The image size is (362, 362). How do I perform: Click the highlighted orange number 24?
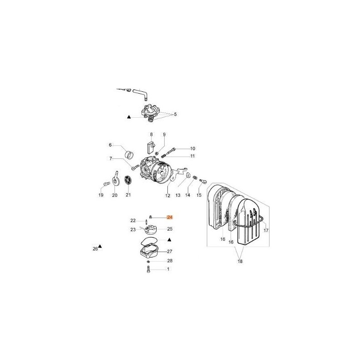pyautogui.click(x=170, y=217)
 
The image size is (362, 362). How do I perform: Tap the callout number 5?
pyautogui.click(x=175, y=114)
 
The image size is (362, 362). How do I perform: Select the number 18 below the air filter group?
pyautogui.click(x=240, y=262)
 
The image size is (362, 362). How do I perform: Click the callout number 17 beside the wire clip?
pyautogui.click(x=266, y=230)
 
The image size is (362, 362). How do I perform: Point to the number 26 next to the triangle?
pyautogui.click(x=95, y=249)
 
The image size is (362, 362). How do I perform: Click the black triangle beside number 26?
pyautogui.click(x=100, y=246)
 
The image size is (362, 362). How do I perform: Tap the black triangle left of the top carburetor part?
pyautogui.click(x=129, y=117)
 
